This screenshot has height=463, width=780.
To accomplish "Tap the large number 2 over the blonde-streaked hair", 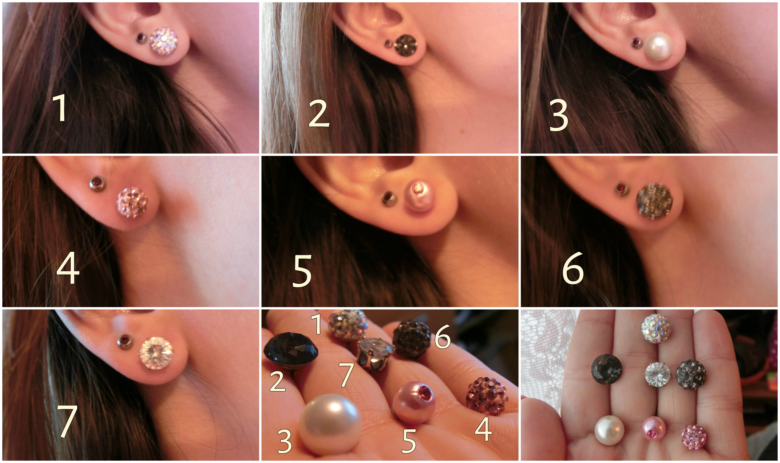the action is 319,114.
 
